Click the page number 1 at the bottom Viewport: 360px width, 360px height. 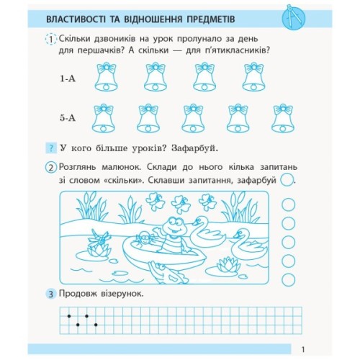point(305,348)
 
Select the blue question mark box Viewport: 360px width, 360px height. point(50,148)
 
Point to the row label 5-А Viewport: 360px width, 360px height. point(70,115)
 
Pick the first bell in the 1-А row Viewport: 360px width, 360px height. point(107,76)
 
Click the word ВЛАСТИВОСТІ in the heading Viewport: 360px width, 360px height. point(81,16)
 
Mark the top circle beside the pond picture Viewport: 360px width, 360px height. point(288,204)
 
